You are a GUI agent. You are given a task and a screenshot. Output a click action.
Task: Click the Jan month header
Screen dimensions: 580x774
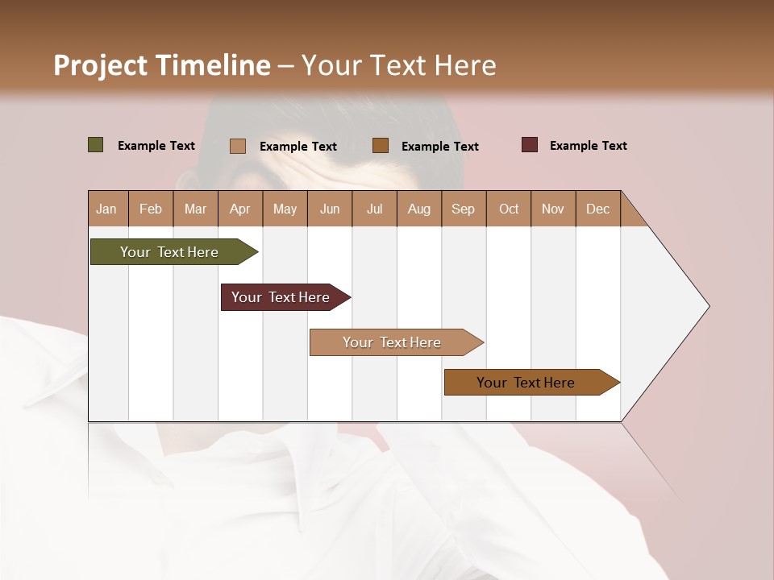[x=106, y=209]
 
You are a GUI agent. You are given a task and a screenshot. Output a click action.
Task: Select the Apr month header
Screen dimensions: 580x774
[x=240, y=209]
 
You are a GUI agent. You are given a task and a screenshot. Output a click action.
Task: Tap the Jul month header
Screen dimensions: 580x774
[x=374, y=209]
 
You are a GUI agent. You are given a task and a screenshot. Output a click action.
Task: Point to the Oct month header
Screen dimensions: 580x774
[x=509, y=209]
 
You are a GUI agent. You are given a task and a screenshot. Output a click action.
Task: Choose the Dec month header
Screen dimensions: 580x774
[x=598, y=209]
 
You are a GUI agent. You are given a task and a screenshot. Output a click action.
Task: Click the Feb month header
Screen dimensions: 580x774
[x=151, y=209]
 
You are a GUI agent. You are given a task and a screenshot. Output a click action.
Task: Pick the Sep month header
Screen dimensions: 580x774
[x=464, y=209]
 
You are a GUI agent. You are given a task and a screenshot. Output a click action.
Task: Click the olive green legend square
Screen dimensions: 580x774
[x=96, y=145]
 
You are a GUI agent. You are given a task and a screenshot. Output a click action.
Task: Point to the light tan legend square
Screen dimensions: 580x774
[x=238, y=146]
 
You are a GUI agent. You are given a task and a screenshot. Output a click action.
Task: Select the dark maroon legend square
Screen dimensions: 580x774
[x=530, y=145]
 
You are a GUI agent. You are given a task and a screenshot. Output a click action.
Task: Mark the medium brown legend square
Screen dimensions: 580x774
[x=381, y=145]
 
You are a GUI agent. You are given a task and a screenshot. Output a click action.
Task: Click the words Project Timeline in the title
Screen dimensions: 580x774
[x=161, y=65]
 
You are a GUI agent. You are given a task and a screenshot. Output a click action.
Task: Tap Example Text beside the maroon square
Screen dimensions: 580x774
[x=589, y=146]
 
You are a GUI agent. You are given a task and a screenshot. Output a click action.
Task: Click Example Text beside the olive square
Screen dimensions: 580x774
[x=156, y=146]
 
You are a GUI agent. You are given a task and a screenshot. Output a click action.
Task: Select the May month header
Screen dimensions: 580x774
[x=285, y=209]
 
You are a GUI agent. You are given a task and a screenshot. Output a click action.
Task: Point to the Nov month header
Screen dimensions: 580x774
[x=553, y=209]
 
